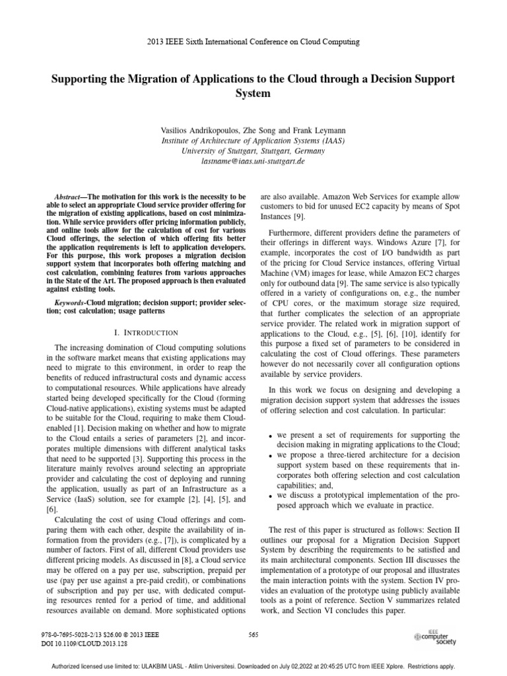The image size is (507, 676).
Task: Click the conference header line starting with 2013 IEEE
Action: [253, 42]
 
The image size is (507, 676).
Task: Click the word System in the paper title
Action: [253, 93]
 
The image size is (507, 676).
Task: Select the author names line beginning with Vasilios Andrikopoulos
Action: [253, 131]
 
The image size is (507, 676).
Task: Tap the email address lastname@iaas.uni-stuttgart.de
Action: [253, 160]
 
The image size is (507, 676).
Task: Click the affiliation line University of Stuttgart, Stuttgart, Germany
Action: [253, 151]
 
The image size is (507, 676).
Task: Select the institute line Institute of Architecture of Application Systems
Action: [253, 141]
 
